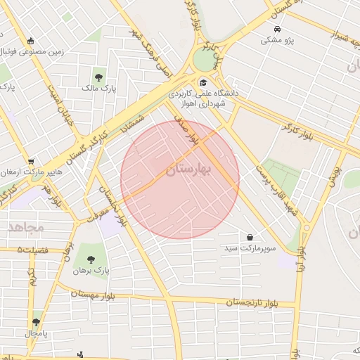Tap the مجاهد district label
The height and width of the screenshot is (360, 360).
point(26,227)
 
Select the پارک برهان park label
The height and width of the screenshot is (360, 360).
point(94,270)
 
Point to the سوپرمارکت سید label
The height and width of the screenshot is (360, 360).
point(250,249)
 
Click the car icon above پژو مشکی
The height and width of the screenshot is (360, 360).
point(278,29)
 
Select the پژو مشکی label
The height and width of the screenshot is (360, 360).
point(278,41)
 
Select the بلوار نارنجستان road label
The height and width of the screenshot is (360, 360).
point(250,302)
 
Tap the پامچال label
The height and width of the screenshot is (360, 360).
point(36,333)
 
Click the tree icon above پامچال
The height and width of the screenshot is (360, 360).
point(36,322)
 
